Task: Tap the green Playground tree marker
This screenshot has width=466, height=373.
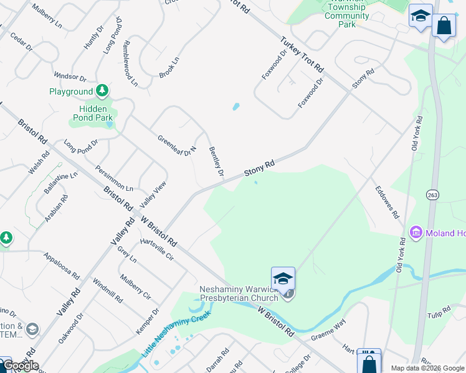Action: click(x=102, y=92)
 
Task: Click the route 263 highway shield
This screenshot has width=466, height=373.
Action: click(x=432, y=195)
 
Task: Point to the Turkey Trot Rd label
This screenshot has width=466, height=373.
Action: click(x=303, y=53)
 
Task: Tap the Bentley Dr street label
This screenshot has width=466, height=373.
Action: click(x=216, y=161)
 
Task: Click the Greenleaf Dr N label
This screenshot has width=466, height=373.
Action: click(x=177, y=145)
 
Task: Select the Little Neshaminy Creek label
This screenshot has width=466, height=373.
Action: click(x=176, y=333)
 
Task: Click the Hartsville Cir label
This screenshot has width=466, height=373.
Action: click(x=157, y=250)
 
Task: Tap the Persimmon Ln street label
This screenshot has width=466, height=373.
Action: click(x=114, y=178)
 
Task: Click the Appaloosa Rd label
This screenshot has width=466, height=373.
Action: click(x=61, y=265)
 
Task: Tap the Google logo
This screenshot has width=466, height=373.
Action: click(x=20, y=366)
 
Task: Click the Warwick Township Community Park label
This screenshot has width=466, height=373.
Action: click(x=347, y=16)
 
